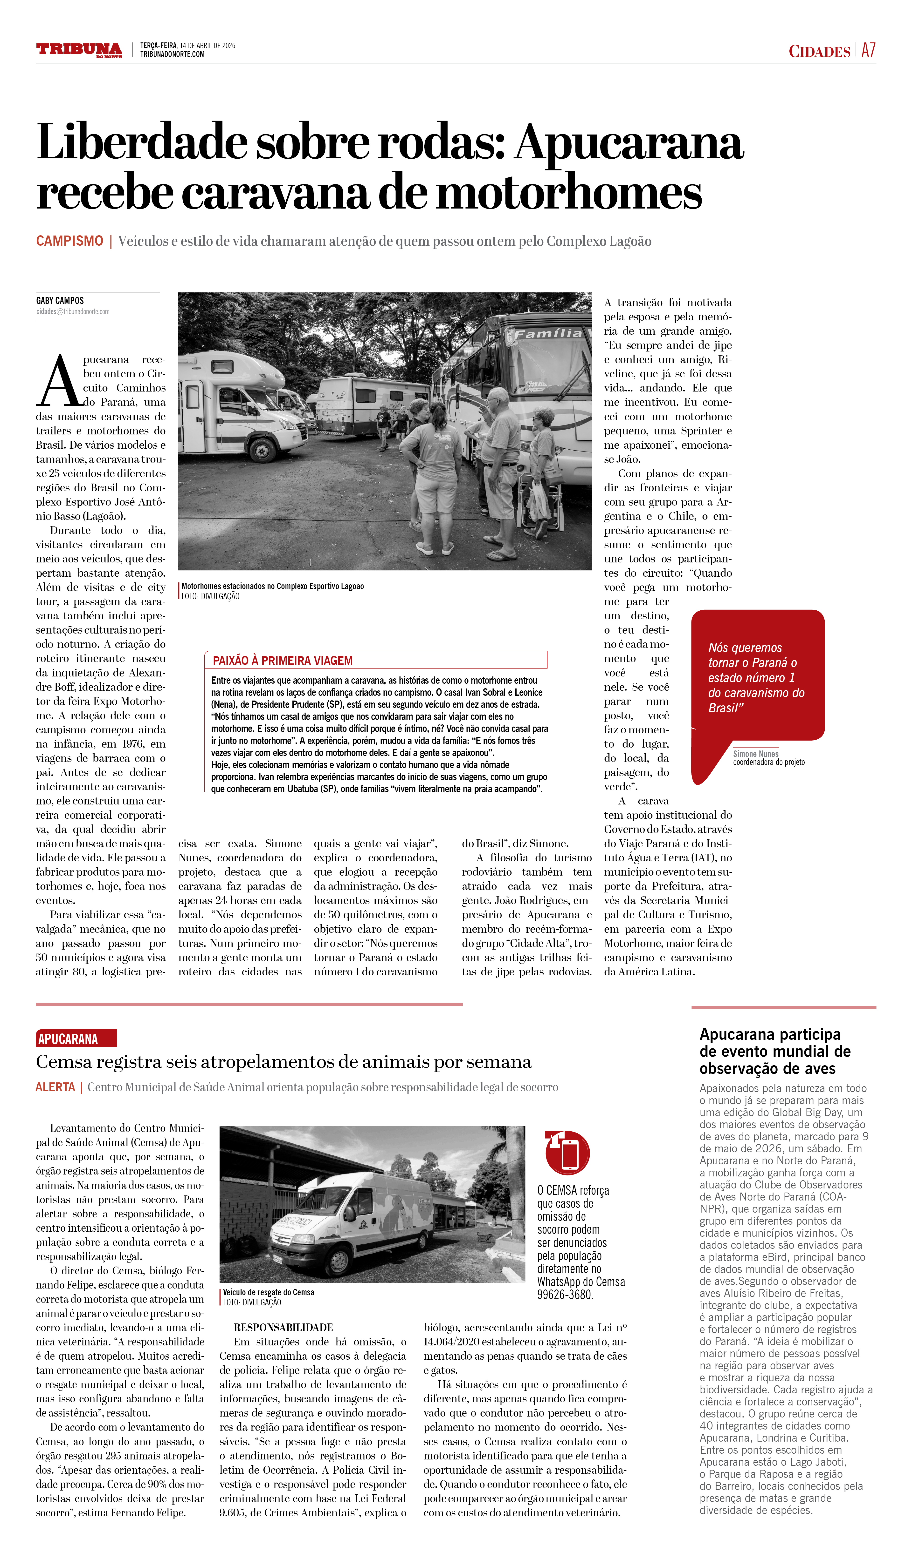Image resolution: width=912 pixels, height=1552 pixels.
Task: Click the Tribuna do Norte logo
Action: click(x=79, y=50)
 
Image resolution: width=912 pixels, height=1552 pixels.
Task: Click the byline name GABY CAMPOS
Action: click(x=60, y=301)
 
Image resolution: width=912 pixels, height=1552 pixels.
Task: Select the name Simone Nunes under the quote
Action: click(x=755, y=754)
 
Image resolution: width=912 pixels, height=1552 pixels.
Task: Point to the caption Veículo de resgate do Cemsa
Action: click(x=269, y=1292)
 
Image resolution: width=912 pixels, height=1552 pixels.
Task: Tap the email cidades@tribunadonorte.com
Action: click(x=73, y=312)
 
